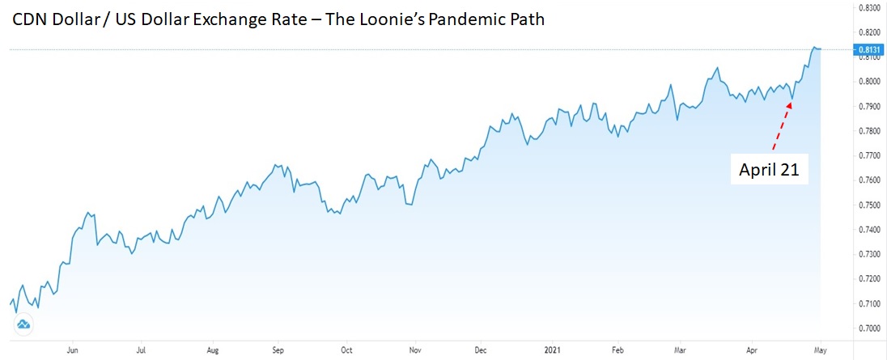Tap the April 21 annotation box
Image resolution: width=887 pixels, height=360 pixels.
tap(769, 170)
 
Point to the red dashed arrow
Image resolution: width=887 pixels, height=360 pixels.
tap(782, 125)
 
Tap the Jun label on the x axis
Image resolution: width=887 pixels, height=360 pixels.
tap(72, 351)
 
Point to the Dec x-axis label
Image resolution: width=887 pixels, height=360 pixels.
tap(481, 351)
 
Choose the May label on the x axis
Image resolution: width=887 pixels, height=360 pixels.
tap(820, 351)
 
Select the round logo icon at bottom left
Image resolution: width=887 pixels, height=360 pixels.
tap(23, 325)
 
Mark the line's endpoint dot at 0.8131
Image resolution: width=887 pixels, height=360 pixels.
tap(819, 49)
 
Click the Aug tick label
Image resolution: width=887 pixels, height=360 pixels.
tap(213, 351)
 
